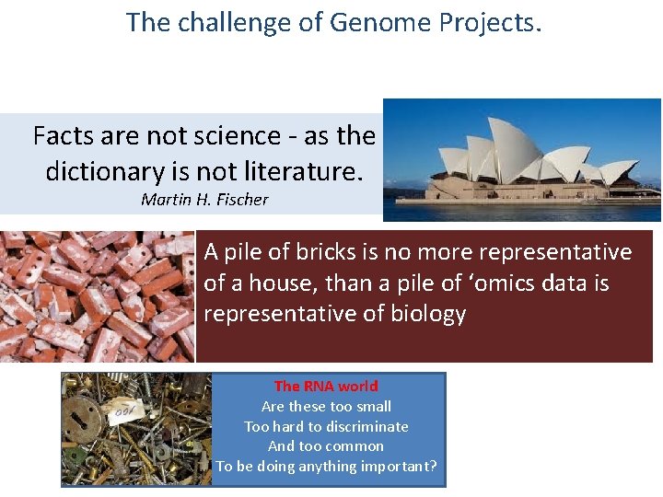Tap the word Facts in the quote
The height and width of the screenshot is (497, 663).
(63, 136)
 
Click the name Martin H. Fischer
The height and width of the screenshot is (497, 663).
(204, 199)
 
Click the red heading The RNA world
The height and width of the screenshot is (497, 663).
(326, 387)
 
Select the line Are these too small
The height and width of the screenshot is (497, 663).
(326, 407)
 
